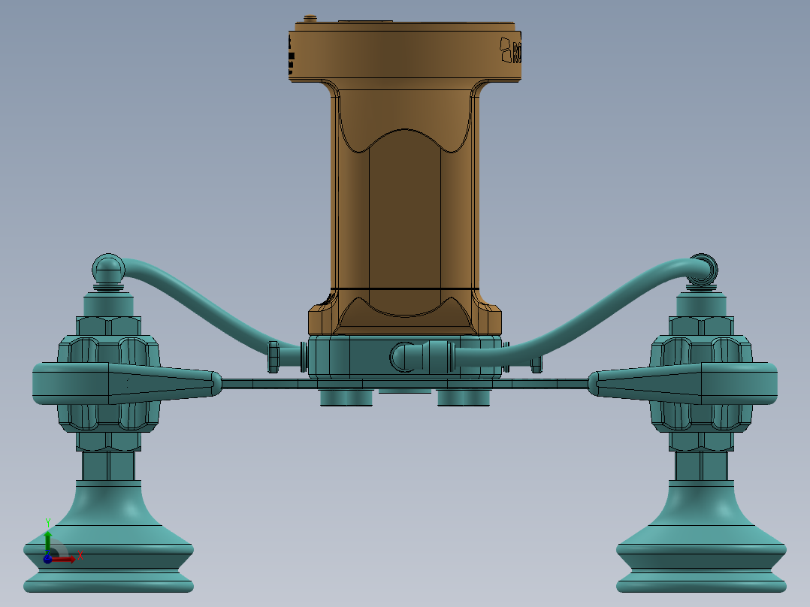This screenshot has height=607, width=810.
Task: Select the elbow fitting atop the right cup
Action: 703,270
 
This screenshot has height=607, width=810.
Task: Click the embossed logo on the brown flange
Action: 511,51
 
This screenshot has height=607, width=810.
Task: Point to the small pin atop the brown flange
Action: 308,18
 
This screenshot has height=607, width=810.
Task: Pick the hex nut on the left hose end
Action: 274,356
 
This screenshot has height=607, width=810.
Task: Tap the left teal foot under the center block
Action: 346,397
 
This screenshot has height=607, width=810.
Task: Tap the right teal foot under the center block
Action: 464,397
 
